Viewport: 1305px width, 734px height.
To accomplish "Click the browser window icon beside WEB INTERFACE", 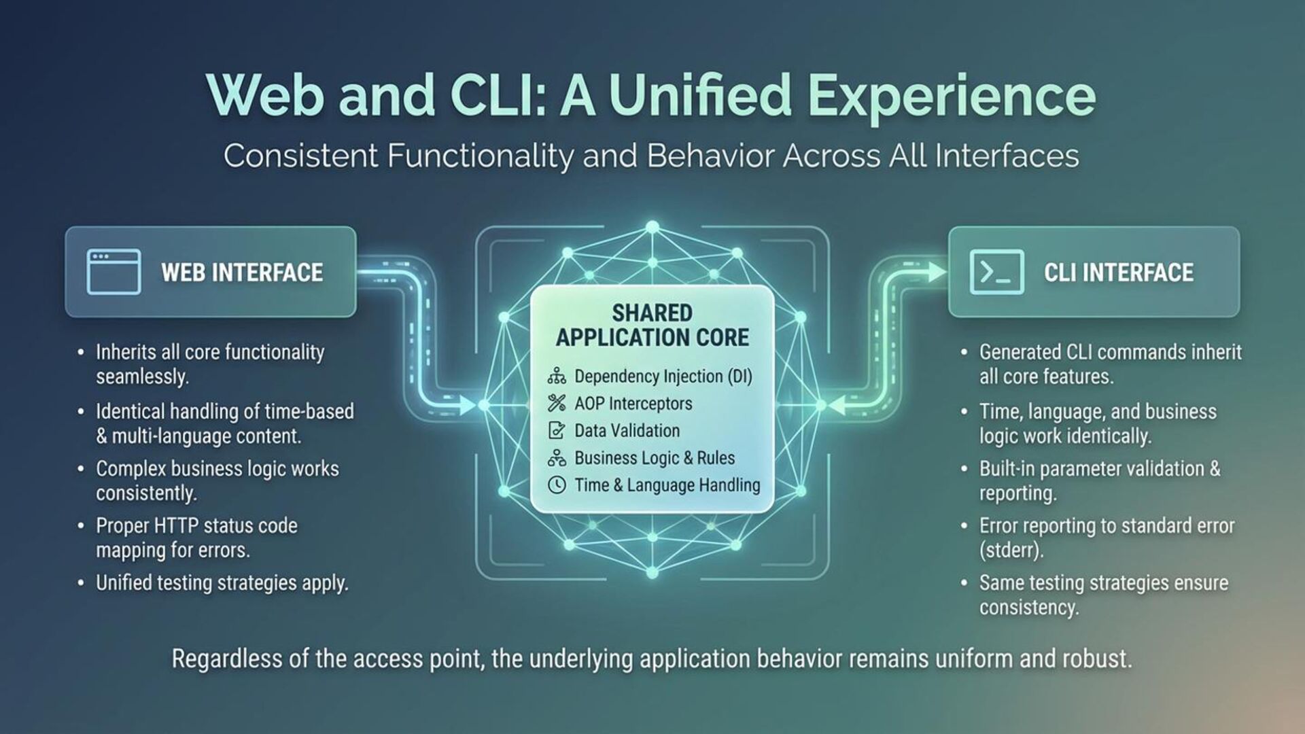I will pyautogui.click(x=114, y=272).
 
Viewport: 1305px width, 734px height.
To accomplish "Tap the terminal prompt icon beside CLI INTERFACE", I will pyautogui.click(x=996, y=272).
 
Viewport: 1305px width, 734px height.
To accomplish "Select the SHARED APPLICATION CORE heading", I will pyautogui.click(x=652, y=325).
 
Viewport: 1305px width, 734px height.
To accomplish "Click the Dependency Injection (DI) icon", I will pyautogui.click(x=557, y=376).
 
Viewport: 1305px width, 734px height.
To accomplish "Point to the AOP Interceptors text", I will pyautogui.click(x=633, y=404).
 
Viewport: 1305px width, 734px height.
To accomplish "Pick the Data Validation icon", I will pyautogui.click(x=557, y=430).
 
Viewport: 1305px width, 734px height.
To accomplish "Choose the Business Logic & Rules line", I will pyautogui.click(x=654, y=458).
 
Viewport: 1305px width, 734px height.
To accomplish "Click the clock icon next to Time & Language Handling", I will pyautogui.click(x=557, y=485).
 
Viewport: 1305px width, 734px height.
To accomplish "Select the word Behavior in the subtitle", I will pyautogui.click(x=710, y=156).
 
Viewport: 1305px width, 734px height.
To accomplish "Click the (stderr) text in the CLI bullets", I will pyautogui.click(x=1011, y=550).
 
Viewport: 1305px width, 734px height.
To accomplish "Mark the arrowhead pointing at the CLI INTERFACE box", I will pyautogui.click(x=937, y=273).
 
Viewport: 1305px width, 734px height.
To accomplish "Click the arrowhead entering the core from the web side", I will pyautogui.click(x=469, y=406).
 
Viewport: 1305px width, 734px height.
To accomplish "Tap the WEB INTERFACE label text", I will pyautogui.click(x=242, y=273).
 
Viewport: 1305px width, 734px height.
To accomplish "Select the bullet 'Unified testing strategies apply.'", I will pyautogui.click(x=222, y=583).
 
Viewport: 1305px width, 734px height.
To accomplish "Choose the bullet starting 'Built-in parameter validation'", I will pyautogui.click(x=1099, y=480).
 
